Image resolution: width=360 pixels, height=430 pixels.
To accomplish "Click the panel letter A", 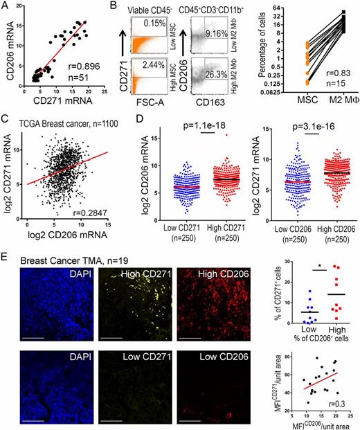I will coord(6,6).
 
